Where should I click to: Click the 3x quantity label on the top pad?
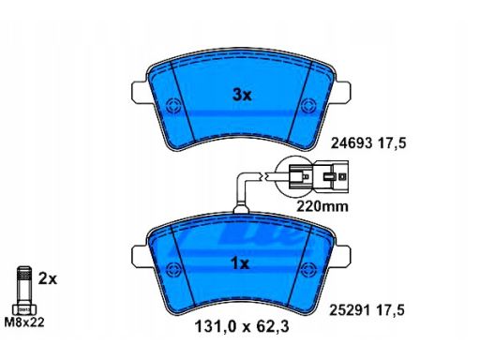[242, 95]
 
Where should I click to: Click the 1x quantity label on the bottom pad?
[240, 264]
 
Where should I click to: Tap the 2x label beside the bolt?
[48, 278]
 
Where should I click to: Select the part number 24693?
[352, 143]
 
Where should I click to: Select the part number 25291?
[351, 310]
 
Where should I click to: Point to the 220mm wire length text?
[322, 206]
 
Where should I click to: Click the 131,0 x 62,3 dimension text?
[242, 327]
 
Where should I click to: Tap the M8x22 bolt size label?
[24, 322]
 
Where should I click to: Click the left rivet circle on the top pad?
[172, 106]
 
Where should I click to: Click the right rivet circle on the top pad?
[308, 106]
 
